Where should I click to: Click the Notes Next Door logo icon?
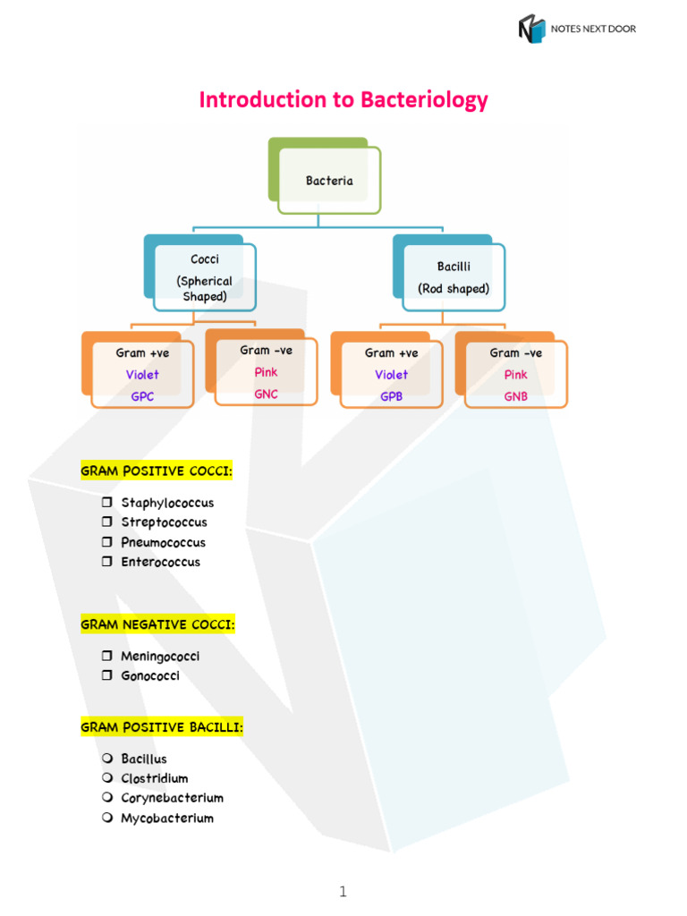tap(531, 29)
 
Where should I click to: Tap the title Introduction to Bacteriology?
tap(343, 100)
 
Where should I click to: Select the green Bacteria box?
tap(325, 176)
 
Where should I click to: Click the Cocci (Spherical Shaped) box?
tap(199, 274)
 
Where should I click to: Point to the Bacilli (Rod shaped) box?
tap(449, 274)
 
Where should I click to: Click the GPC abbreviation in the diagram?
tap(142, 396)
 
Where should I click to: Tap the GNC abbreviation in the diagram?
tap(266, 394)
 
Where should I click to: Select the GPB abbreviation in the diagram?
tap(392, 396)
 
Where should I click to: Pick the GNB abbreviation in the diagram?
tap(516, 396)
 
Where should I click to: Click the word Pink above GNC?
tap(266, 372)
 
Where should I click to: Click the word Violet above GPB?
tap(392, 375)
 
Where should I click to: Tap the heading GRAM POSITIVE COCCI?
tap(157, 471)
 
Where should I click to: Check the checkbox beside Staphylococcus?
tap(107, 502)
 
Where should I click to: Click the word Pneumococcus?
tap(164, 542)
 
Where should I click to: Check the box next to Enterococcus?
tap(107, 562)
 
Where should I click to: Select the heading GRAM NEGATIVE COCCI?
tap(157, 624)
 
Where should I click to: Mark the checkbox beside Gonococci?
tap(107, 675)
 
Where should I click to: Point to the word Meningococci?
tap(160, 656)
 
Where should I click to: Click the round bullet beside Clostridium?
tap(107, 777)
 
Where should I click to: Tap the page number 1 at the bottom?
tap(343, 892)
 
